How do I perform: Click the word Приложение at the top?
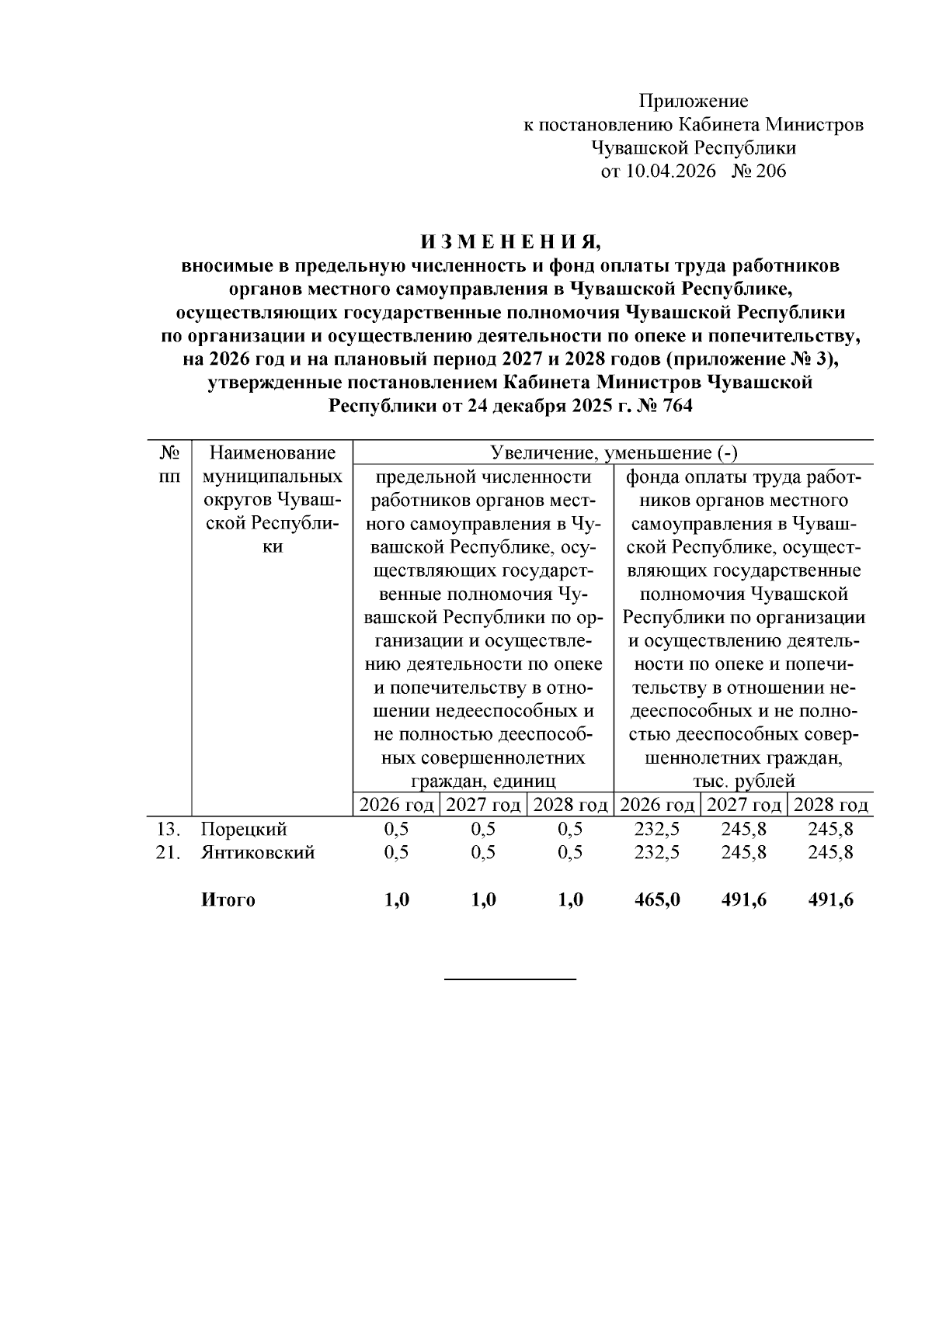click(x=693, y=101)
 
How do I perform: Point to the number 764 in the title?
click(x=675, y=406)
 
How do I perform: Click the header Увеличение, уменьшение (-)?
click(x=614, y=452)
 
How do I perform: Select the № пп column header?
click(x=169, y=463)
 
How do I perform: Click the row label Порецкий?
click(x=244, y=829)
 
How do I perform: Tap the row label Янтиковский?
click(x=258, y=852)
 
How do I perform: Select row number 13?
click(x=168, y=829)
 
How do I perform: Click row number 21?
click(x=168, y=852)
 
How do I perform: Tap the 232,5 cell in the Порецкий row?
click(x=657, y=829)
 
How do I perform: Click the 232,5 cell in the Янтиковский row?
click(x=657, y=852)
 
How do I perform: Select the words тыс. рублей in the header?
click(x=744, y=781)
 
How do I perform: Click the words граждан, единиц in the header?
click(x=483, y=781)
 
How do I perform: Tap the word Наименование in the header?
click(x=273, y=452)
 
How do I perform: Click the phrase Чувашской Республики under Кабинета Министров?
click(x=693, y=148)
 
